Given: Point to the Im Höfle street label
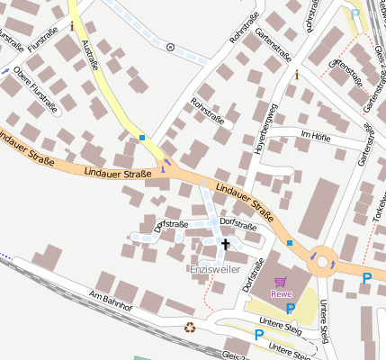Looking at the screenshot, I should [317, 135].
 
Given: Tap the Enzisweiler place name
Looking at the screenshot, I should [213, 269].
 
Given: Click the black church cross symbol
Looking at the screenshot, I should [225, 243].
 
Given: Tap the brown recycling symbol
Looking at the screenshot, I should [190, 328].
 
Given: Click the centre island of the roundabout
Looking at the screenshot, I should [321, 264].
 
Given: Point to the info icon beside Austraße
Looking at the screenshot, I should [73, 26].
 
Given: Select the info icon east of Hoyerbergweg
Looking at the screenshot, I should [295, 75].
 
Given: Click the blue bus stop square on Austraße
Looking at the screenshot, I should [142, 138].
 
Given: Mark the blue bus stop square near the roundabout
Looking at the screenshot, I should [290, 243].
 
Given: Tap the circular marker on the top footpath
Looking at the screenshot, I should [170, 46].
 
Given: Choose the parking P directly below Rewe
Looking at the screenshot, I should [290, 309].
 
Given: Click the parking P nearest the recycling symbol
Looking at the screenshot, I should [259, 334].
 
